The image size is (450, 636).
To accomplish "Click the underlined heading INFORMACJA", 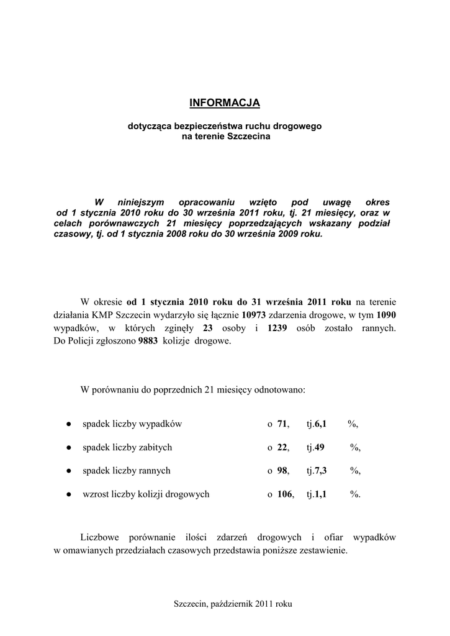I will point(225,102).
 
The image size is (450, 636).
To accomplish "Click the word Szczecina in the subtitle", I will point(250,136).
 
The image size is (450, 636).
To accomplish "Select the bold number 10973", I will point(254,315).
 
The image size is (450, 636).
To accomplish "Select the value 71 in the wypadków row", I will point(282,424).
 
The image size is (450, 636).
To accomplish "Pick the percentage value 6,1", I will point(321,424).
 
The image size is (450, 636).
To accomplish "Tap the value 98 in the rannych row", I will point(282,471).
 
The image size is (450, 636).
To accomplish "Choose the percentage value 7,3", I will point(321,471).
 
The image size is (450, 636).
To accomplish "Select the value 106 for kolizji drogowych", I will point(285,494).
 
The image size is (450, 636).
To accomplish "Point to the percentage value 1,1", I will point(321,494).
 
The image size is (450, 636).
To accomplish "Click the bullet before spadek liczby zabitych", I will point(67,447).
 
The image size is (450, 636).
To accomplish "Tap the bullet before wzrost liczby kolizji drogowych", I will point(67,494).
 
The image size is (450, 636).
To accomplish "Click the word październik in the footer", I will point(232,604).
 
